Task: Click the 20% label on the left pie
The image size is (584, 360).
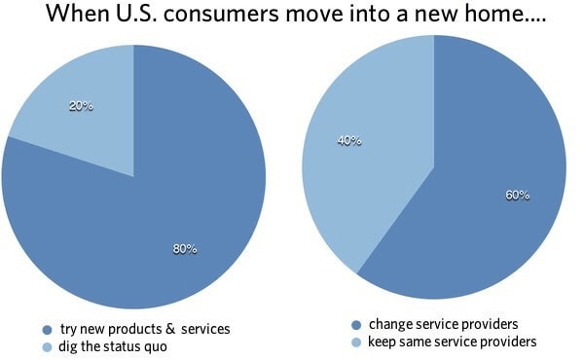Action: [x=81, y=106]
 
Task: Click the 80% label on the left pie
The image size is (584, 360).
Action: [x=185, y=249]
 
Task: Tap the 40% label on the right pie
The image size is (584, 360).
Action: [x=349, y=141]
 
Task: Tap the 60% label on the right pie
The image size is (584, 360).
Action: [x=517, y=196]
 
